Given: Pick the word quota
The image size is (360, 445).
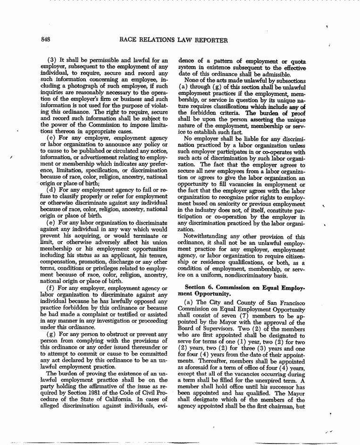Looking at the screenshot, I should [x=298, y=61].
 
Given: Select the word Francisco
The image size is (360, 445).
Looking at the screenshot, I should [x=290, y=302].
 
